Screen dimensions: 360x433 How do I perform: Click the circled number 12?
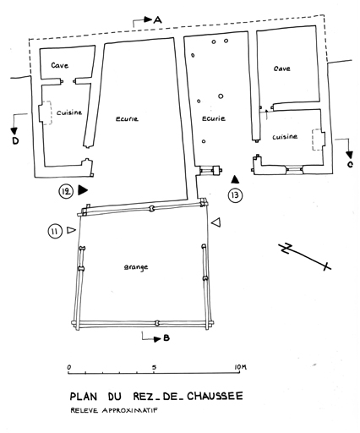66,191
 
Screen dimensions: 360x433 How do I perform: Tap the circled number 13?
235,195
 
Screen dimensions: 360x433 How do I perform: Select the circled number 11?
55,232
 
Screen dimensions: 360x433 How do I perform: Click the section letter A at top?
158,19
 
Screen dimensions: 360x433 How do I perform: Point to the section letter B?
166,337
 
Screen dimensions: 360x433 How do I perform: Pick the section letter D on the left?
15,140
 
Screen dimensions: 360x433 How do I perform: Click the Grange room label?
136,267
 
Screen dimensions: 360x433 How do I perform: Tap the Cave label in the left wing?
60,65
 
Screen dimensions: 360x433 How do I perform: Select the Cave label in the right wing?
282,69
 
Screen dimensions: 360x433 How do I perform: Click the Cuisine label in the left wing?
69,112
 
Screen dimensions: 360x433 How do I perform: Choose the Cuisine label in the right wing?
285,137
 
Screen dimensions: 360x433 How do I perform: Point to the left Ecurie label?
127,119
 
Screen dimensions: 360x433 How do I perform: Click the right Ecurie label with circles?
214,118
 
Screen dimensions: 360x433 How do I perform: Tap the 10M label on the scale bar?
240,367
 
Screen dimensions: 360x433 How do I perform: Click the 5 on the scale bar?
154,367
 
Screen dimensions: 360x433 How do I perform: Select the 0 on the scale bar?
69,367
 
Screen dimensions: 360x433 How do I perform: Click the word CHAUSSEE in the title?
215,396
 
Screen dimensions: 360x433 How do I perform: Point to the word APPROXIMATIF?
129,410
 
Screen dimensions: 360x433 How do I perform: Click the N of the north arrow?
286,248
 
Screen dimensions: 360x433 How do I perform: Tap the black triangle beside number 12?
83,190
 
